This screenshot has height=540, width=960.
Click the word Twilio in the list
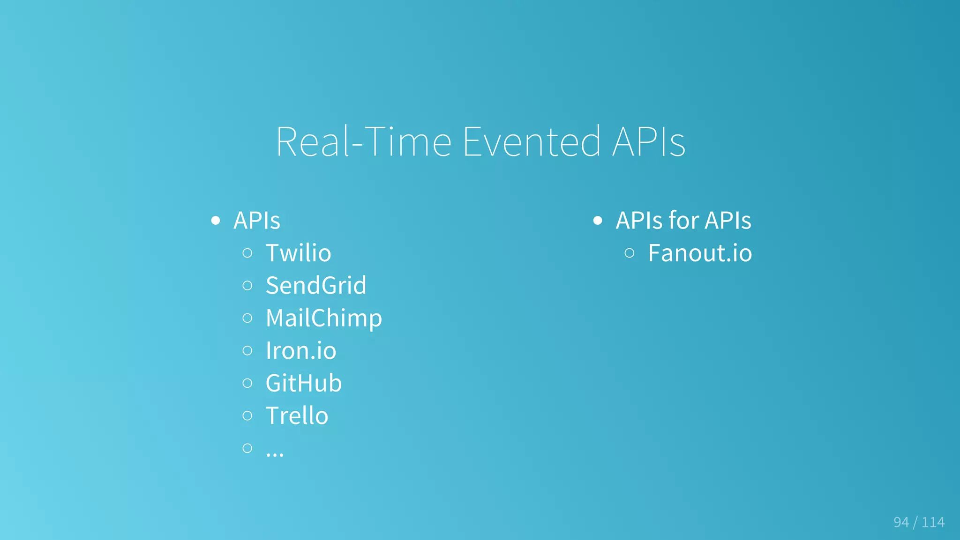click(x=298, y=253)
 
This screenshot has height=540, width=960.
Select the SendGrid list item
click(x=316, y=286)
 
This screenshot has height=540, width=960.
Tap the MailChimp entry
click(x=324, y=318)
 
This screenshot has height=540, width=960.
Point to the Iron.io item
click(x=301, y=351)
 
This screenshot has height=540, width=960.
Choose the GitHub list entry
click(x=304, y=383)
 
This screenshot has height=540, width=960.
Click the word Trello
click(x=297, y=416)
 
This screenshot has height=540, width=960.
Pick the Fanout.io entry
click(x=700, y=253)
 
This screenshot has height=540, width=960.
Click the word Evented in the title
click(x=531, y=141)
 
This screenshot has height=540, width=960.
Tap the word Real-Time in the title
click(x=364, y=141)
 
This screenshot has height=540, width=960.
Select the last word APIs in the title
click(x=649, y=141)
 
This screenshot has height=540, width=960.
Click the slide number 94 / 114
click(x=919, y=522)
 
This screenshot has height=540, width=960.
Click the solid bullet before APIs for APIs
click(x=597, y=221)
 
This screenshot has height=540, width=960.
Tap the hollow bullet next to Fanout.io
click(x=630, y=253)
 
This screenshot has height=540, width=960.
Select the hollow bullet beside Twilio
click(x=247, y=253)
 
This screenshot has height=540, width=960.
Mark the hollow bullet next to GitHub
click(x=247, y=383)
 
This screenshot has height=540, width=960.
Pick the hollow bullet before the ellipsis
click(x=247, y=448)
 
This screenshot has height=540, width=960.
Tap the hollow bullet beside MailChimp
click(x=247, y=318)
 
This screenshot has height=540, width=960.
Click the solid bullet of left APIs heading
click(x=215, y=221)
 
